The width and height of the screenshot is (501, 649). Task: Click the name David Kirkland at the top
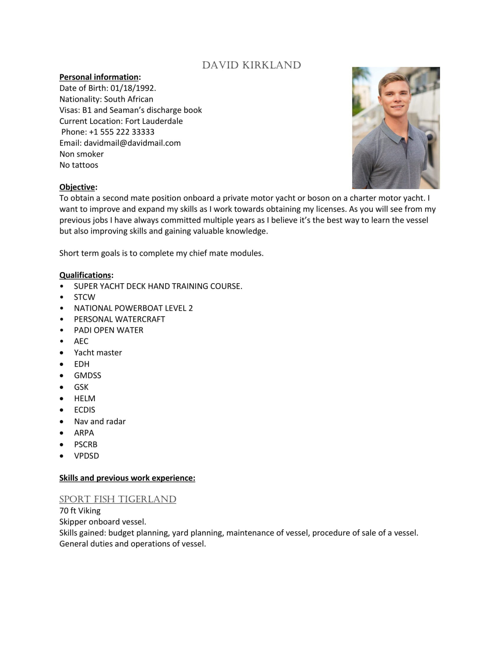click(x=251, y=65)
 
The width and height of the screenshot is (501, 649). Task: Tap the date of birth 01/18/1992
click(x=133, y=88)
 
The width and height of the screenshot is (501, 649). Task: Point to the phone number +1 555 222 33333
click(x=122, y=132)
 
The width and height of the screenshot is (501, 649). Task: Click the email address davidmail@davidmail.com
click(x=132, y=143)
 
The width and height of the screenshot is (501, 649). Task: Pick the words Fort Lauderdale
click(x=154, y=121)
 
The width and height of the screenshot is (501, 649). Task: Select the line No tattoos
click(x=79, y=165)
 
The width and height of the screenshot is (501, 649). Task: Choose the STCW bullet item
click(x=84, y=297)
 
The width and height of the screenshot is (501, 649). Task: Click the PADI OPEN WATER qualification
click(x=109, y=330)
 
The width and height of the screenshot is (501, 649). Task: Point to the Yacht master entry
click(x=98, y=352)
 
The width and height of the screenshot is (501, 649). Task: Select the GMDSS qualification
click(x=87, y=375)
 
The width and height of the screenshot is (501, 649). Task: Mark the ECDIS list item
click(x=84, y=410)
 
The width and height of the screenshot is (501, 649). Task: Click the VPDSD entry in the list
click(x=87, y=456)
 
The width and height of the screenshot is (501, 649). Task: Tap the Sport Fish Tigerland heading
click(x=118, y=499)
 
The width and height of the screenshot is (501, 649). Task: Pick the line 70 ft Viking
click(x=80, y=511)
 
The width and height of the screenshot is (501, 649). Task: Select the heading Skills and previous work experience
click(x=127, y=478)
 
